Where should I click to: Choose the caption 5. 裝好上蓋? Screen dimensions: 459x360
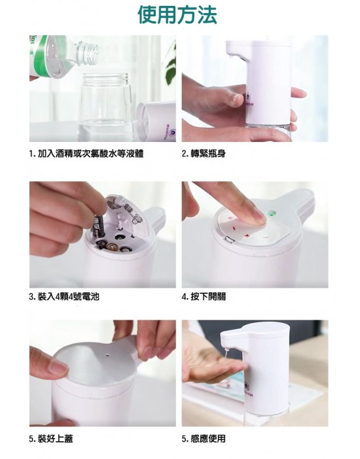click(51, 438)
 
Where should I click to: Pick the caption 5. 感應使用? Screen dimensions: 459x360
click(204, 438)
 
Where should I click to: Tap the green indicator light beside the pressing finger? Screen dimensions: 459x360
click(272, 214)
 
